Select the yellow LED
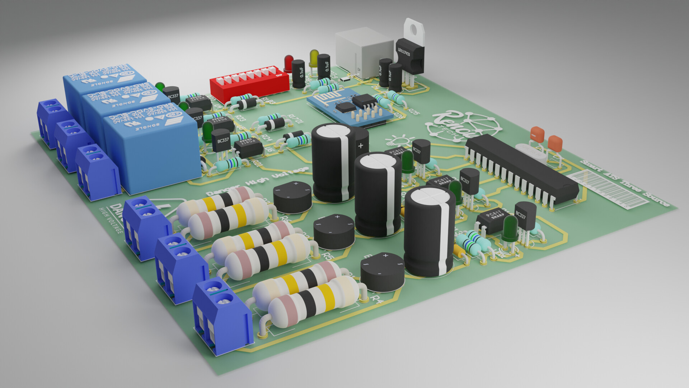(314, 57)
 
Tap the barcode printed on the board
(606, 190)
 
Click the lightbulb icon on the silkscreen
(398, 140)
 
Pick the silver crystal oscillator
(531, 151)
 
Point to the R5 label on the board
(327, 255)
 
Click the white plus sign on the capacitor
(361, 145)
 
